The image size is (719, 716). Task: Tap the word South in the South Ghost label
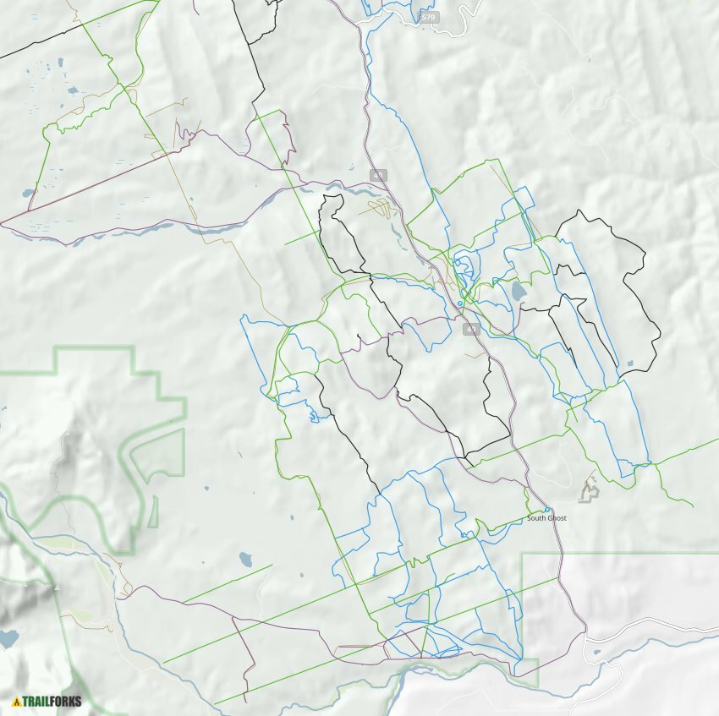(x=537, y=517)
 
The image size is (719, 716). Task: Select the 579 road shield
(x=429, y=17)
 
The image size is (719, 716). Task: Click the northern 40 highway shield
(x=378, y=175)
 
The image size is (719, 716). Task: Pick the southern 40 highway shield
(x=471, y=328)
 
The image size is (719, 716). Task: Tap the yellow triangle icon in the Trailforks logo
(x=16, y=701)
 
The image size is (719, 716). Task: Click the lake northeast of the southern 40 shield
(x=518, y=292)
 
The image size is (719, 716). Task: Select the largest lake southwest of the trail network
(x=245, y=559)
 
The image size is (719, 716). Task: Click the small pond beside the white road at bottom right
(x=598, y=652)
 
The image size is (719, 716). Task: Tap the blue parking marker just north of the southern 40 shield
(x=460, y=302)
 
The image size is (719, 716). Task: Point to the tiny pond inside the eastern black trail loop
(x=629, y=364)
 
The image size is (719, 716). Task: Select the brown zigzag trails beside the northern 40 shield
(x=382, y=205)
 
